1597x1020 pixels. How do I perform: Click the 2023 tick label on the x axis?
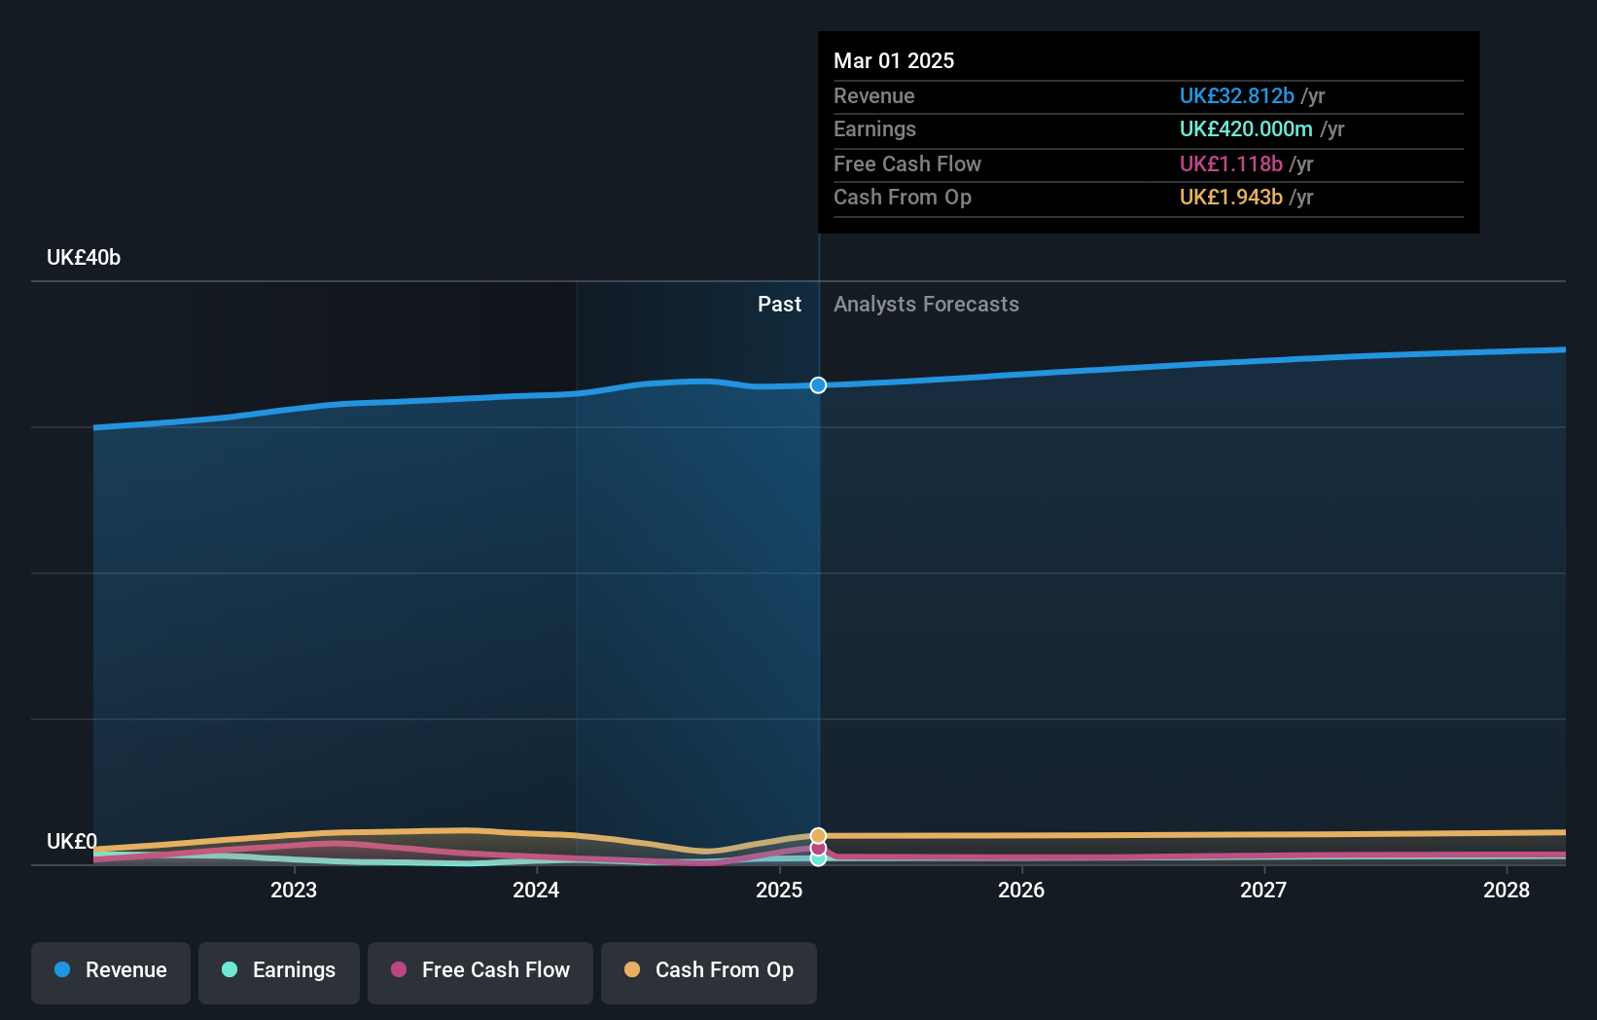point(294,890)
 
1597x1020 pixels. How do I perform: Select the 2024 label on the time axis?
point(536,890)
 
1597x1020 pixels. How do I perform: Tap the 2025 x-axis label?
point(779,890)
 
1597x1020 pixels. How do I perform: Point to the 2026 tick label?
point(1021,890)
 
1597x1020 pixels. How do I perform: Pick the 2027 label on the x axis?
point(1263,890)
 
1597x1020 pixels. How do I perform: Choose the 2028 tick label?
point(1506,890)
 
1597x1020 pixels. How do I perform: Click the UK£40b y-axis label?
point(84,258)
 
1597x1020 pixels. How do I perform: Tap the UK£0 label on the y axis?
point(72,841)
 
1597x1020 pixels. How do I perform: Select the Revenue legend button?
point(111,970)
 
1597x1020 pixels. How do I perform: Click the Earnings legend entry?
point(279,970)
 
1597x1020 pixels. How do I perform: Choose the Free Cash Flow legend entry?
point(480,970)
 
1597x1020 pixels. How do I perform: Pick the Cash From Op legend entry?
point(709,970)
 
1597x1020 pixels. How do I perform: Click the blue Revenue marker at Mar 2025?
point(818,385)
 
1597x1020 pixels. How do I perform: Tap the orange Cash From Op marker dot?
point(818,836)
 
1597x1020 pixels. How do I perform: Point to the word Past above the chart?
point(779,305)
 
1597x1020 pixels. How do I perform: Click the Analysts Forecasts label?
point(926,305)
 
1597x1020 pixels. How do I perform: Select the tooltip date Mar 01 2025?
point(894,60)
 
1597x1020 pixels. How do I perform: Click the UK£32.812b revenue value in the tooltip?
point(1236,96)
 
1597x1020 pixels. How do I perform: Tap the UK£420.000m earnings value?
point(1246,129)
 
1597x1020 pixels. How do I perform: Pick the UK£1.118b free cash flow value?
point(1230,164)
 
